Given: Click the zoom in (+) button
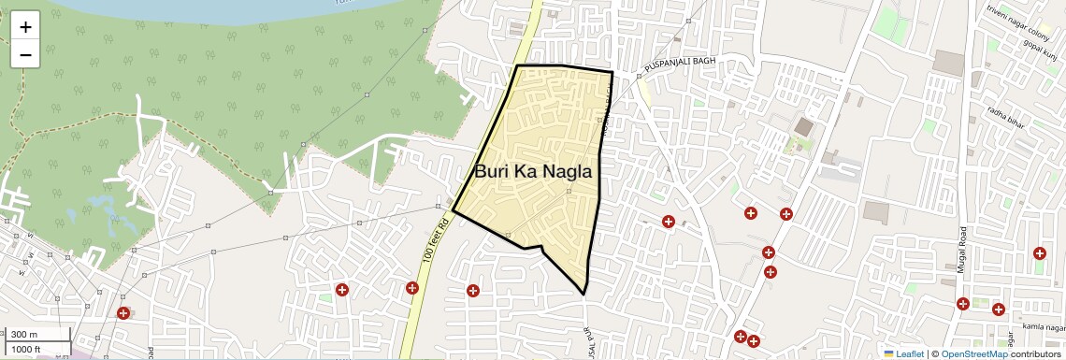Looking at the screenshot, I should click(x=25, y=27).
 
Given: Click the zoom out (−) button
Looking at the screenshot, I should click(x=25, y=55).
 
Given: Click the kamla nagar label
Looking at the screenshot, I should click(x=1044, y=326).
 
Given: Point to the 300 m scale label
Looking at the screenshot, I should click(x=24, y=335).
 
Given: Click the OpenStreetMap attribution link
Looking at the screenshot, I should click(x=973, y=353).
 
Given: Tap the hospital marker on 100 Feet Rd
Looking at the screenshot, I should click(x=412, y=287).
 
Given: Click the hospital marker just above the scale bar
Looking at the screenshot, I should click(x=122, y=312).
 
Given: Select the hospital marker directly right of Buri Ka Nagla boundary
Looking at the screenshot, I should click(x=668, y=222).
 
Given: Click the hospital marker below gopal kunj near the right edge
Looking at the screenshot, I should click(x=1039, y=253).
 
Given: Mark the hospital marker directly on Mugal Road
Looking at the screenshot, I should click(x=962, y=303).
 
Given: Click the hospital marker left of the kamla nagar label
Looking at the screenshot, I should click(x=998, y=309).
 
